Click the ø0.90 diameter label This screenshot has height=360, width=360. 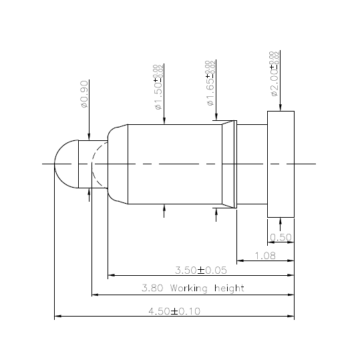coord(83,96)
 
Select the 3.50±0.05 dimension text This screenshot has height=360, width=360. coord(200,271)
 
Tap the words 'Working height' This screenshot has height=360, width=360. coord(207,289)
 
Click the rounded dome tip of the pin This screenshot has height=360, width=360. coord(65,164)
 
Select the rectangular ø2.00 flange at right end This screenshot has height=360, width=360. coord(281,164)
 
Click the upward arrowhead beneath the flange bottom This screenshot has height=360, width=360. coord(281,221)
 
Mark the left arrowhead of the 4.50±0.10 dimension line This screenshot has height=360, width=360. coord(57,316)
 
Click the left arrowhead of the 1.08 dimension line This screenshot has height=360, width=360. coord(240,260)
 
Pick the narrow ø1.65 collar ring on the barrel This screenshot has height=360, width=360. coord(234,164)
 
